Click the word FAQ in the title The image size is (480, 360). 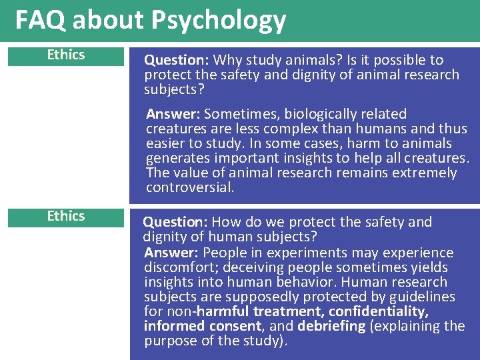coord(41,21)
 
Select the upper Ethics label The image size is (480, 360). coord(66,55)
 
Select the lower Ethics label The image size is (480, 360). coord(66,216)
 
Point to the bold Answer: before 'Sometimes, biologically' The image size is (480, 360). coord(173,114)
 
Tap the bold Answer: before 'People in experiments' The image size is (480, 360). coord(171,253)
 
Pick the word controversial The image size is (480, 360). coord(190,187)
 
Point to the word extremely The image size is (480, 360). coord(423,173)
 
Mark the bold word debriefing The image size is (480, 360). coord(331,326)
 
